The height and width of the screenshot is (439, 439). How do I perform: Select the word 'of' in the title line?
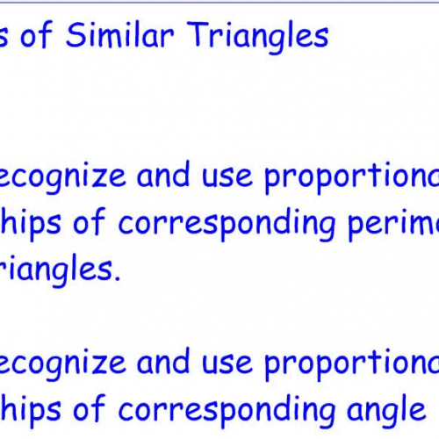[43, 36]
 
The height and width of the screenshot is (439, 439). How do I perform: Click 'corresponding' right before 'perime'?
[227, 225]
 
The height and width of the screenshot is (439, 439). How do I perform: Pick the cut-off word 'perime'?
[392, 225]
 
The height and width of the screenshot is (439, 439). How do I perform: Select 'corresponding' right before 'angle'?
[227, 409]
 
